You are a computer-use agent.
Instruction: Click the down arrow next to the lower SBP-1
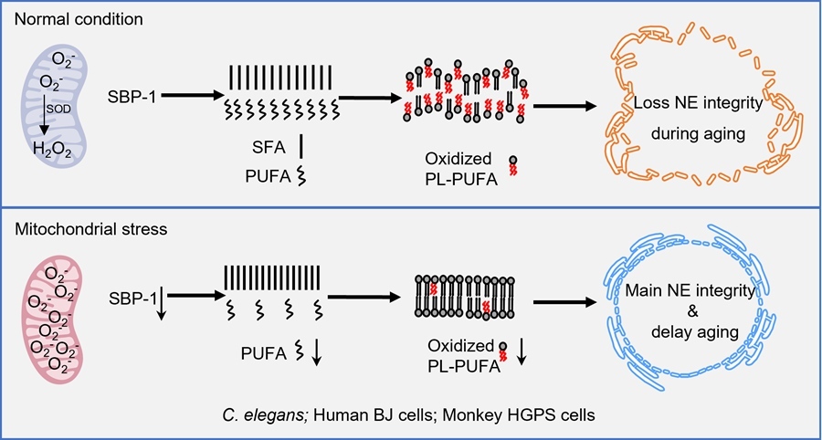(160, 303)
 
